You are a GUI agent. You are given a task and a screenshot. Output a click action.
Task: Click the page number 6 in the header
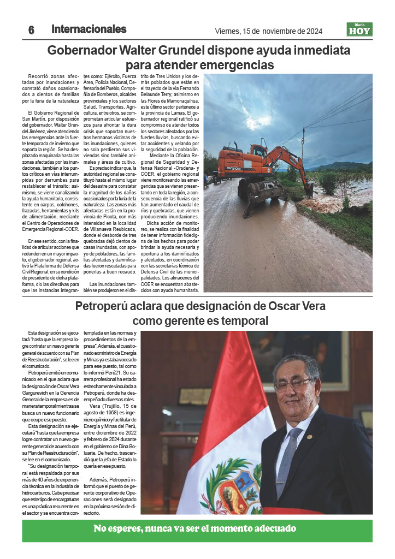point(31,30)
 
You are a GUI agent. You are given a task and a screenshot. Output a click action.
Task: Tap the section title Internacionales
point(89,29)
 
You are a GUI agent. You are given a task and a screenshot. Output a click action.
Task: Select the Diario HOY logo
point(359,29)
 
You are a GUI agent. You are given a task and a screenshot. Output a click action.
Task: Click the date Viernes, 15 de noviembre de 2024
point(269,31)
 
